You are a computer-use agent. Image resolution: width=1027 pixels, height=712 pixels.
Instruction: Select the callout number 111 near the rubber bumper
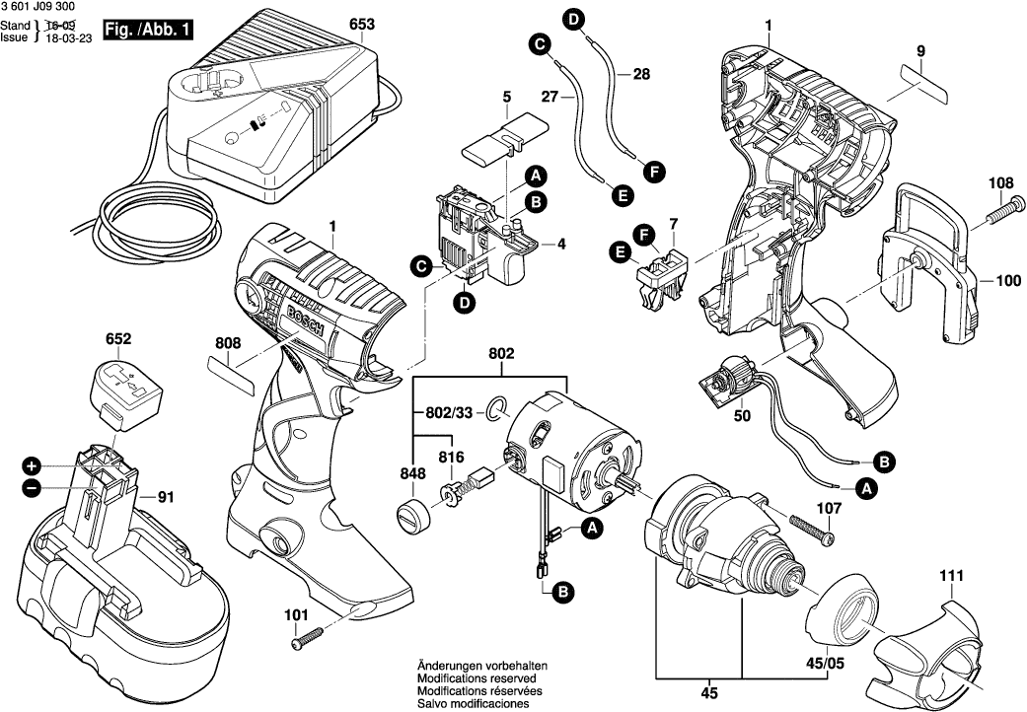950,576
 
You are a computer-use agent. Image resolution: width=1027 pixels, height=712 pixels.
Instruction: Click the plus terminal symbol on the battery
32,464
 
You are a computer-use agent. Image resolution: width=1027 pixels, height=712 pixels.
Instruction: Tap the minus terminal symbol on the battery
32,486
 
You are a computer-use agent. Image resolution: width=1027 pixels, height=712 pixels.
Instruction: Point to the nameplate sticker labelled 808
233,376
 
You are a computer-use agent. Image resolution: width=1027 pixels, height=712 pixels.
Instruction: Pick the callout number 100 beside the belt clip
1007,281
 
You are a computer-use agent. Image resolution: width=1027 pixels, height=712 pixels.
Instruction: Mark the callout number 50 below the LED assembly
742,415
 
